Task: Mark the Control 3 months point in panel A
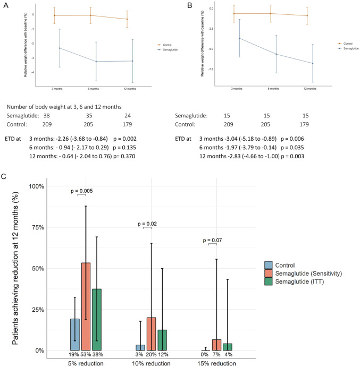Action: click(54, 15)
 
